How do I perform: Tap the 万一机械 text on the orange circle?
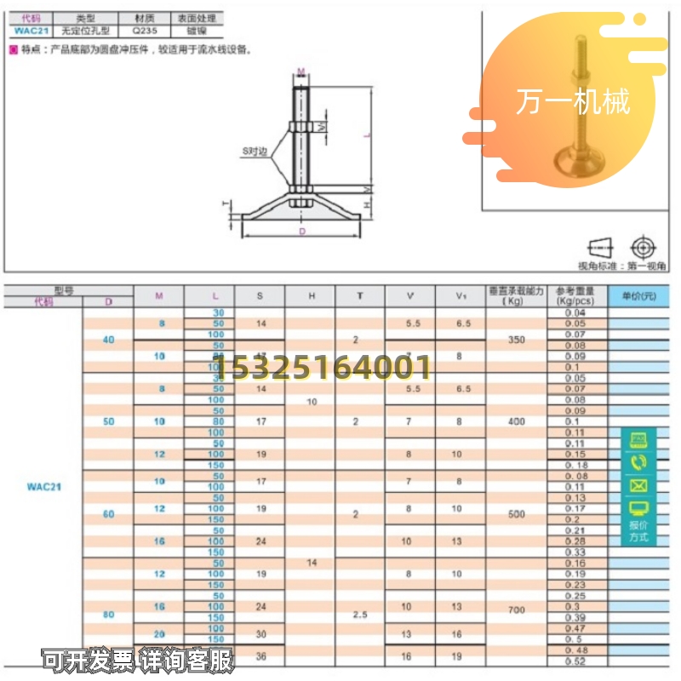[x=573, y=102]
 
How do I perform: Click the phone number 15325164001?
[x=323, y=368]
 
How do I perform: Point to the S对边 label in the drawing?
[x=255, y=152]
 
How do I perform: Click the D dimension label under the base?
[x=301, y=231]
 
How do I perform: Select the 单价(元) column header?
[x=638, y=295]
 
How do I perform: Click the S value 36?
[x=260, y=655]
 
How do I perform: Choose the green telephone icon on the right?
[x=638, y=462]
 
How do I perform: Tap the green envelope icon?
[x=638, y=486]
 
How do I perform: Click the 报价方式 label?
[x=638, y=531]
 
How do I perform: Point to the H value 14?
[x=311, y=563]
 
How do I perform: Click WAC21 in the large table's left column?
[x=43, y=488]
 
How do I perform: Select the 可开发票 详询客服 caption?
[x=138, y=660]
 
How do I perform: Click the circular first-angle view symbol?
[x=644, y=247]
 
